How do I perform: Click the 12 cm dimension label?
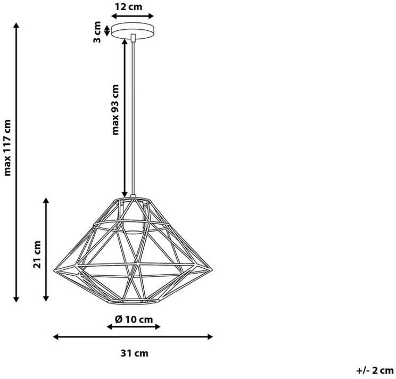pyautogui.click(x=129, y=7)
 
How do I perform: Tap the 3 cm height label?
pyautogui.click(x=97, y=32)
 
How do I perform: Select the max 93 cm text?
pyautogui.click(x=115, y=110)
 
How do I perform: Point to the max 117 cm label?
pyautogui.click(x=7, y=147)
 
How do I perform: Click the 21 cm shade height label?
pyautogui.click(x=37, y=254)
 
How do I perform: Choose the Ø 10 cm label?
pyautogui.click(x=134, y=319)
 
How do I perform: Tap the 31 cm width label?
pyautogui.click(x=134, y=353)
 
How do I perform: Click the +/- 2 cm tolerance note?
pyautogui.click(x=375, y=370)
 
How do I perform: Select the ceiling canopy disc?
pyautogui.click(x=133, y=30)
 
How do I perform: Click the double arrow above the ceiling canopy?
pyautogui.click(x=133, y=16)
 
